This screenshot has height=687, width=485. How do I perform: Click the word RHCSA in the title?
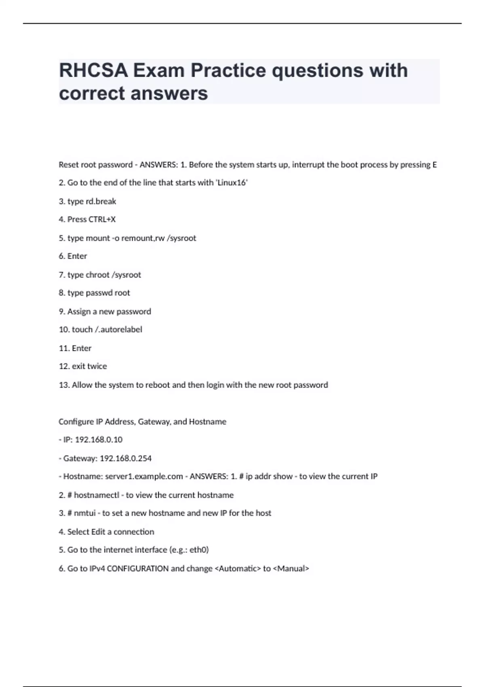pyautogui.click(x=93, y=71)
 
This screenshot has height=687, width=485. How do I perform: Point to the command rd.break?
pyautogui.click(x=101, y=201)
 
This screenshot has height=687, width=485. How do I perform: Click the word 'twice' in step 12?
pyautogui.click(x=97, y=366)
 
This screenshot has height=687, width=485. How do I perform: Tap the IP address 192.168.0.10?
pyautogui.click(x=99, y=440)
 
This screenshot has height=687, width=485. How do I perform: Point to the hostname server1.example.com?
pyautogui.click(x=144, y=476)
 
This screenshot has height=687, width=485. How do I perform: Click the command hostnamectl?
pyautogui.click(x=96, y=495)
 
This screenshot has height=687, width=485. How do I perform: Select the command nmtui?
pyautogui.click(x=84, y=513)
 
